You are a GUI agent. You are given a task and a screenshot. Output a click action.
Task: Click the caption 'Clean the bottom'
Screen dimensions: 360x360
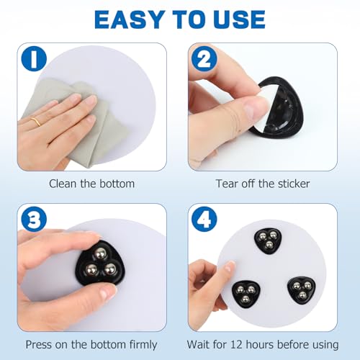tap(91, 184)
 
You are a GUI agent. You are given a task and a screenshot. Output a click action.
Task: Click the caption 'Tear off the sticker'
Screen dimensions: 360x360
tap(263, 184)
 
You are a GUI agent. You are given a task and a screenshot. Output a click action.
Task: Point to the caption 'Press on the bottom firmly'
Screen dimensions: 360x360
tap(91, 344)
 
